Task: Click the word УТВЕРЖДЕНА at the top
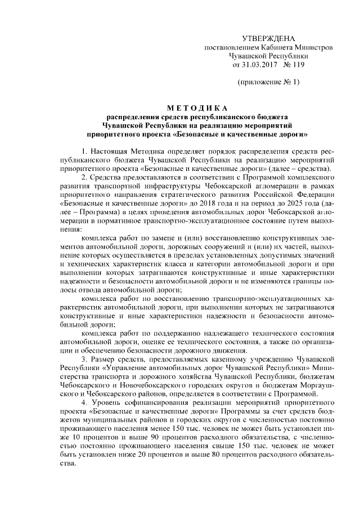[x=268, y=38]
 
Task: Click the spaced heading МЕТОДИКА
[x=195, y=108]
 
